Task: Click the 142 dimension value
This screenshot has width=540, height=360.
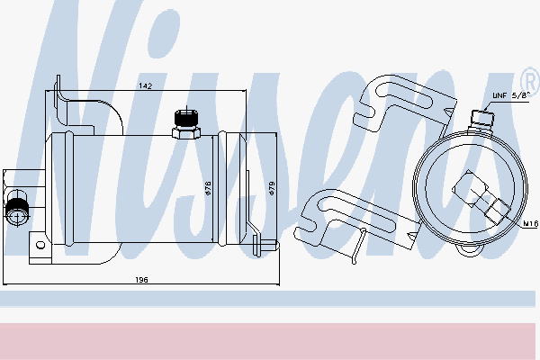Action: [145, 85]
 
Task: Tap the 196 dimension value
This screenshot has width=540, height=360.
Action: [141, 280]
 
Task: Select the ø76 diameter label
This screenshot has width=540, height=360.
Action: [208, 188]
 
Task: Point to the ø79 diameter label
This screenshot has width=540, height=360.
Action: [272, 188]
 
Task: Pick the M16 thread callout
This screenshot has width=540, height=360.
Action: [530, 224]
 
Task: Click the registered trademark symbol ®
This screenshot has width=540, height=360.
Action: [531, 82]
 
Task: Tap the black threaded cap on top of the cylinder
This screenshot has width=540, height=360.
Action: [186, 119]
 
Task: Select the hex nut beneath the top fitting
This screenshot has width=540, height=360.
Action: [186, 133]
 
